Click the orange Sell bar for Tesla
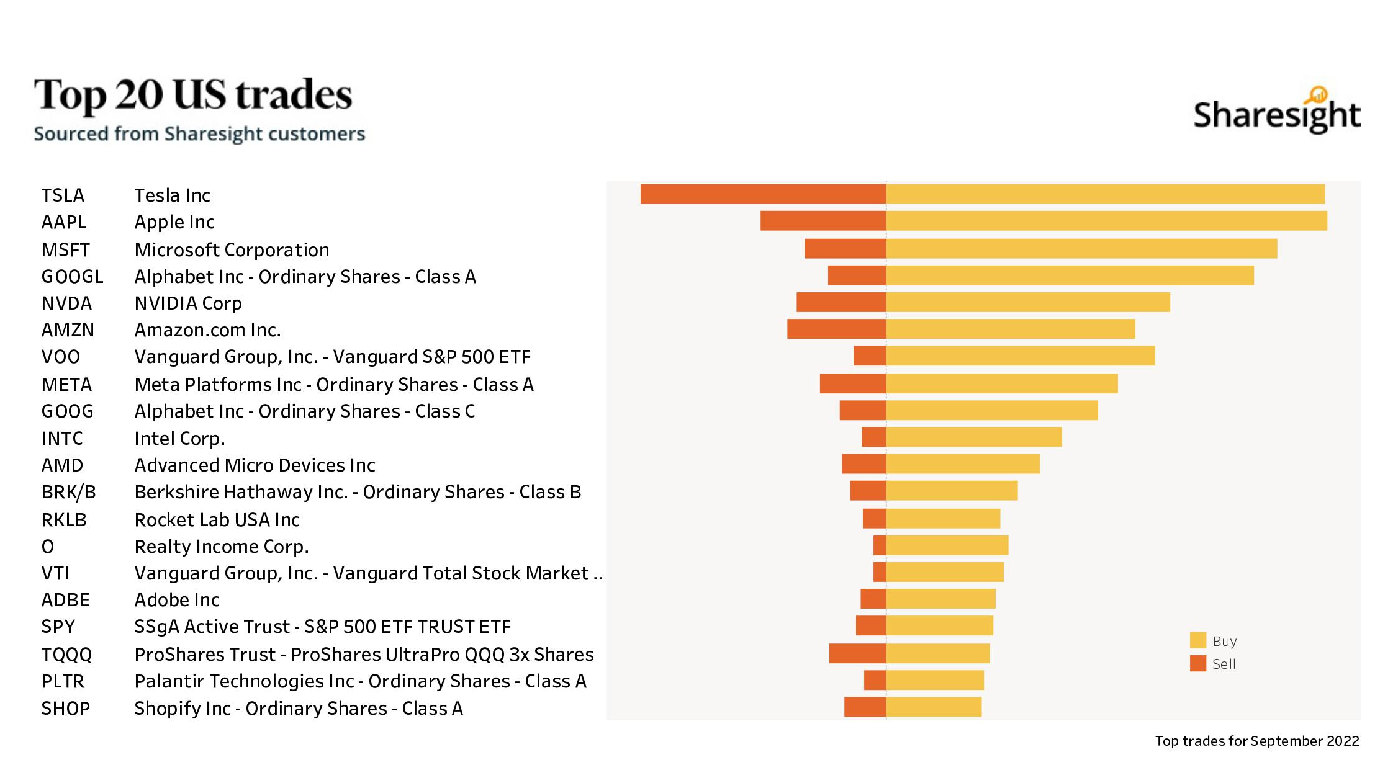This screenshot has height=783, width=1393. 763,194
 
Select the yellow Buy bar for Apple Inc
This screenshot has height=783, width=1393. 1106,221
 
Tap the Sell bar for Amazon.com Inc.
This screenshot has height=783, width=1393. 836,329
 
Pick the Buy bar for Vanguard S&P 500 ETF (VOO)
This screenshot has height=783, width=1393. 1020,356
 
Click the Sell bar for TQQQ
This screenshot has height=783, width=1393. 857,653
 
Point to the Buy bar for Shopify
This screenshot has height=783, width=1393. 934,707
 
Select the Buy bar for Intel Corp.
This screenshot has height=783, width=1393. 973,437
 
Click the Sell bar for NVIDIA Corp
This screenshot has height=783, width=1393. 841,302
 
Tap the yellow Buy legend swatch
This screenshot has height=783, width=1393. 1197,640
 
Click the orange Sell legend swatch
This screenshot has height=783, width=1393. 1197,663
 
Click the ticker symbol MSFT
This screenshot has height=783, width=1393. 65,249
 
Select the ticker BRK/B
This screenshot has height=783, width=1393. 68,492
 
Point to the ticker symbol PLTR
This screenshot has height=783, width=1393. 63,681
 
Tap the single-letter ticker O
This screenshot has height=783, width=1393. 48,547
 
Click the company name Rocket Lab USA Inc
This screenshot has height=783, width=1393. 217,519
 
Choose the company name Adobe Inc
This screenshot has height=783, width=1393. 177,600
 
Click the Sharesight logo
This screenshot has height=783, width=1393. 1276,112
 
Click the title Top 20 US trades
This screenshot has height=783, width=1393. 193,95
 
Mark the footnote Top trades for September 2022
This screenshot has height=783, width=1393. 1256,741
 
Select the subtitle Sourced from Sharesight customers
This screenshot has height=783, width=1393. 199,133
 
